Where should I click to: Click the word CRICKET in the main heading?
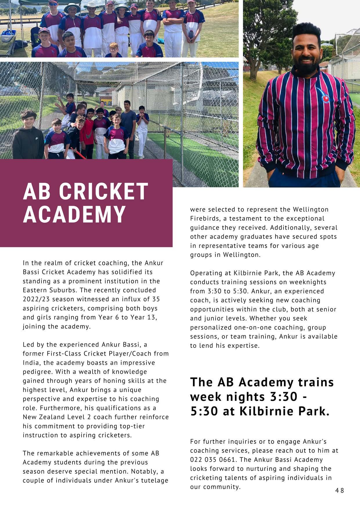[104, 192]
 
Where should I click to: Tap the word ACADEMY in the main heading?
[74, 214]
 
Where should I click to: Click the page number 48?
[339, 490]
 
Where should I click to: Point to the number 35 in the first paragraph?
[155, 299]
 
